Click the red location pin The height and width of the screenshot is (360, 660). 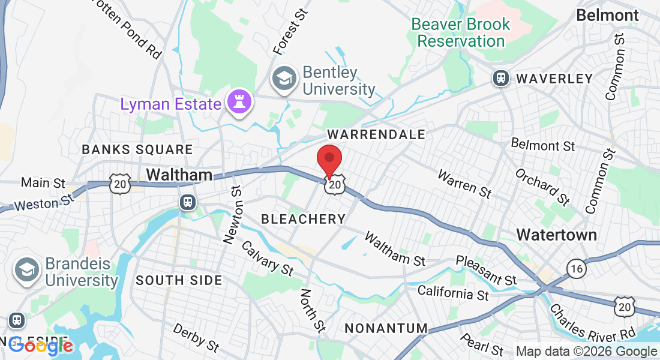click(x=329, y=158)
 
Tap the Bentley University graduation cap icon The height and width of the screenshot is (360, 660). click(x=284, y=79)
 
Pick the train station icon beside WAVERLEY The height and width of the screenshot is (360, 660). click(x=500, y=78)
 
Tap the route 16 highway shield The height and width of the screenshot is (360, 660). click(x=577, y=269)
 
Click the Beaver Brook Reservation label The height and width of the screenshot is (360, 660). click(x=461, y=33)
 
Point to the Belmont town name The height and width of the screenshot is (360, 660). click(x=607, y=15)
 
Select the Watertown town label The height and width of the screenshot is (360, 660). click(x=557, y=234)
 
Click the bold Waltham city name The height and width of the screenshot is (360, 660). click(x=179, y=175)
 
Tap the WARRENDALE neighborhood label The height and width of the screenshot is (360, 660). click(x=376, y=134)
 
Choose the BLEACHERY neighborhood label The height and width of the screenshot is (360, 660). click(x=303, y=219)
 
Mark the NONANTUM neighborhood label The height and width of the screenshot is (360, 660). click(x=386, y=328)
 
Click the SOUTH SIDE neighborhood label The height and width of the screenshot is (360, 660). click(x=179, y=280)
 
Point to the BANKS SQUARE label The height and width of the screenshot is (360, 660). click(x=137, y=149)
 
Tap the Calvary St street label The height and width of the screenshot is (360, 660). click(x=267, y=259)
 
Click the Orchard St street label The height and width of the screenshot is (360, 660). click(x=543, y=186)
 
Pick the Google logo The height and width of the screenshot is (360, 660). click(x=41, y=346)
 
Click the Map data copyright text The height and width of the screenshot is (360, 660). click(x=587, y=352)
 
